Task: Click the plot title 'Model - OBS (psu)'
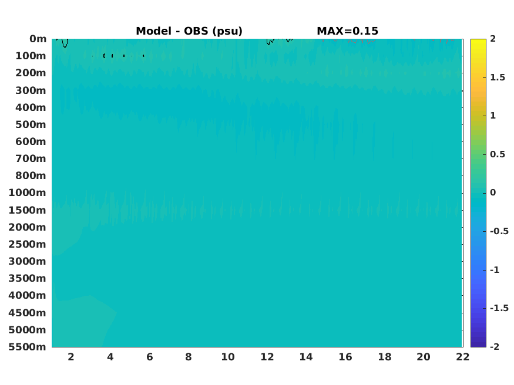click(x=189, y=31)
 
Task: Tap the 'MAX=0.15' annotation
click(x=348, y=31)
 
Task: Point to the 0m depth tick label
click(x=38, y=39)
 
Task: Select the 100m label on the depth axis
click(x=31, y=56)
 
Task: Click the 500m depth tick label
click(x=31, y=125)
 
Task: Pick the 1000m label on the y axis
click(x=27, y=192)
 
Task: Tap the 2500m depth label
click(x=27, y=244)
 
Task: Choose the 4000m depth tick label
click(x=27, y=295)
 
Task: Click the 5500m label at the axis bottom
click(x=27, y=347)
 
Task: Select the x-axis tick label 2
click(x=71, y=357)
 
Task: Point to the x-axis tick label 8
click(x=189, y=357)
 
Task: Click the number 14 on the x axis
click(x=306, y=357)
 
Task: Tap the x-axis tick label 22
click(x=462, y=357)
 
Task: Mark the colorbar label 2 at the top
click(x=493, y=39)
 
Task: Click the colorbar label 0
click(x=493, y=192)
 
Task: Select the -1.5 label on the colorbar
click(x=499, y=308)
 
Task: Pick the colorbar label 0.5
click(x=498, y=154)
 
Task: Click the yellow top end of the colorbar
click(x=478, y=41)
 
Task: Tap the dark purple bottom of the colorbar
click(x=478, y=344)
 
